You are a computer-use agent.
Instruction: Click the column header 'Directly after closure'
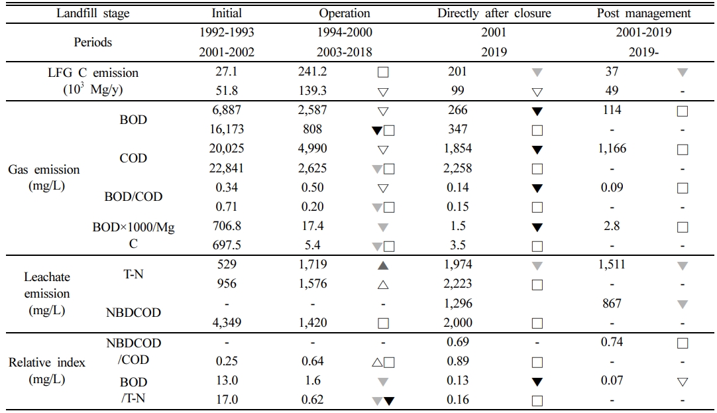(x=494, y=13)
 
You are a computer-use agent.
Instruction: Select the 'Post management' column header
(x=643, y=13)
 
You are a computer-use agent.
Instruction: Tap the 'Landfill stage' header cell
(x=93, y=13)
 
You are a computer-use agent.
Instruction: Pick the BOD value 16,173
(x=227, y=129)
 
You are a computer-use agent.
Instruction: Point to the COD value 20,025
(x=227, y=148)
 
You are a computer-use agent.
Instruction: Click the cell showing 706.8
(x=227, y=226)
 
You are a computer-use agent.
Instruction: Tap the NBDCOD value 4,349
(x=227, y=323)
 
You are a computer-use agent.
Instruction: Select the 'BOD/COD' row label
(x=133, y=197)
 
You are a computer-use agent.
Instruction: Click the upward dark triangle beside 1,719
(x=383, y=265)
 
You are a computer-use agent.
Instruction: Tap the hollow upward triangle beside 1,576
(x=383, y=284)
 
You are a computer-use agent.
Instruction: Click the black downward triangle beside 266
(x=537, y=111)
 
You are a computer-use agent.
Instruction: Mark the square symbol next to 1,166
(x=683, y=149)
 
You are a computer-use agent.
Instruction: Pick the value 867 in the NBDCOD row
(x=612, y=303)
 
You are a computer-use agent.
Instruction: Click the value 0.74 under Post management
(x=612, y=342)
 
